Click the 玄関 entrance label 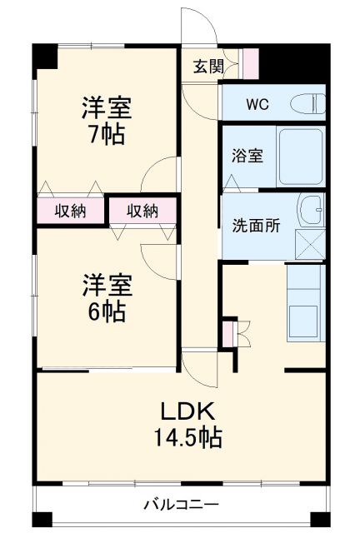208,67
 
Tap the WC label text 256,105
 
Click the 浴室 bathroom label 247,156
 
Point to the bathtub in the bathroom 299,157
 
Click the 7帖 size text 106,134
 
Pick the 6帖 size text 106,311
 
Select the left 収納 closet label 71,211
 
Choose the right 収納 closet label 142,211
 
